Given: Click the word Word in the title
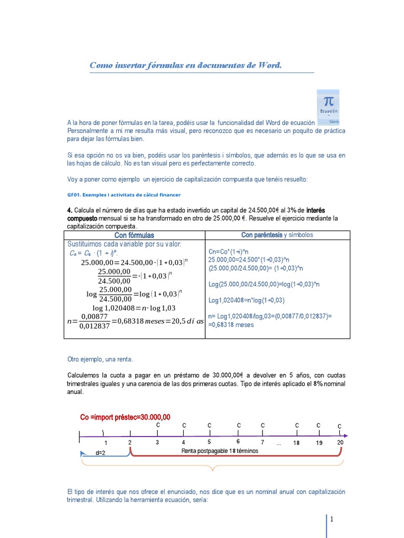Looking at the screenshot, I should click(269, 66).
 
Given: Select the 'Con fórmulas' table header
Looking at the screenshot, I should click(134, 235).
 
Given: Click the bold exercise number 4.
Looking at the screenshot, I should click(69, 210).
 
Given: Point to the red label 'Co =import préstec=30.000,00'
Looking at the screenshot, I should click(125, 417).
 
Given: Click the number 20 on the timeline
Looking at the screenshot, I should click(340, 443).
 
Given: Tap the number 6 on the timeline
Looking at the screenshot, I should click(238, 442).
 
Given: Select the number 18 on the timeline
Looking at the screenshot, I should click(297, 443).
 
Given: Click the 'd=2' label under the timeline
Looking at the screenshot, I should click(100, 452).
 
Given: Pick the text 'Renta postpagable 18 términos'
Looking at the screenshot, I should click(219, 451).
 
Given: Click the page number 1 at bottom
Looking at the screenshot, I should click(332, 520).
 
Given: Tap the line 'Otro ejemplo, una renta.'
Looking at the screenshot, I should click(100, 360).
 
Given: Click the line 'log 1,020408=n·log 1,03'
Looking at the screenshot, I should click(134, 308).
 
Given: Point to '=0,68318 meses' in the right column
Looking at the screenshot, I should click(231, 325).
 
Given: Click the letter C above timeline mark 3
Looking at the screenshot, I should click(158, 424).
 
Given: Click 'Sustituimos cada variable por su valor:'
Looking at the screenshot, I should click(124, 244).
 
